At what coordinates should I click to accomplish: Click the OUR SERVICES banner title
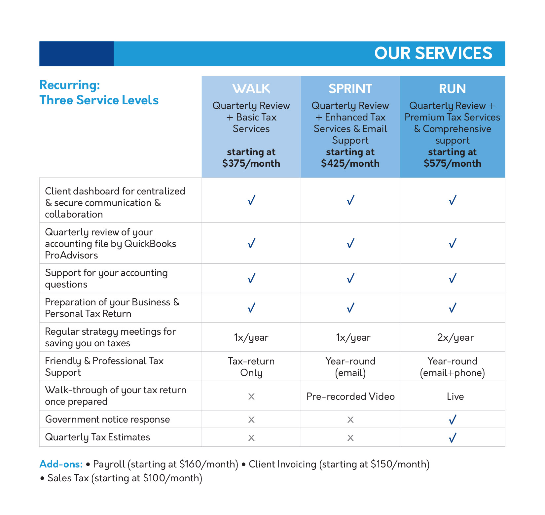[433, 53]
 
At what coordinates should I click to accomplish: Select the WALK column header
[251, 88]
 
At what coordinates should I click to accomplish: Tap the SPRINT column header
[350, 88]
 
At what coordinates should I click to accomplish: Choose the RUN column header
[452, 88]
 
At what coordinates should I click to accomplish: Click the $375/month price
[251, 163]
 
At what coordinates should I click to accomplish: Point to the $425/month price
[350, 163]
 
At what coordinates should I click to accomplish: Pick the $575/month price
[452, 163]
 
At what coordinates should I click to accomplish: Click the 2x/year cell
[455, 337]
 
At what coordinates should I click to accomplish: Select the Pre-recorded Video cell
[350, 396]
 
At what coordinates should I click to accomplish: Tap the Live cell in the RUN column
[455, 396]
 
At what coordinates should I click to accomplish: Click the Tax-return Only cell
[251, 367]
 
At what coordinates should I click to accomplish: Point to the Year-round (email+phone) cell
[452, 367]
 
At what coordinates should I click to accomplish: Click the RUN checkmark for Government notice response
[452, 420]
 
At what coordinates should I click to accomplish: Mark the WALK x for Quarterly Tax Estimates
[251, 438]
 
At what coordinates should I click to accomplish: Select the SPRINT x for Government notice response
[350, 420]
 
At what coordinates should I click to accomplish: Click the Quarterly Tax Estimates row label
[97, 437]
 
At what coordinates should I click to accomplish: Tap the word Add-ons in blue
[61, 464]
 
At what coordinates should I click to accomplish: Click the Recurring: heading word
[69, 85]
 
